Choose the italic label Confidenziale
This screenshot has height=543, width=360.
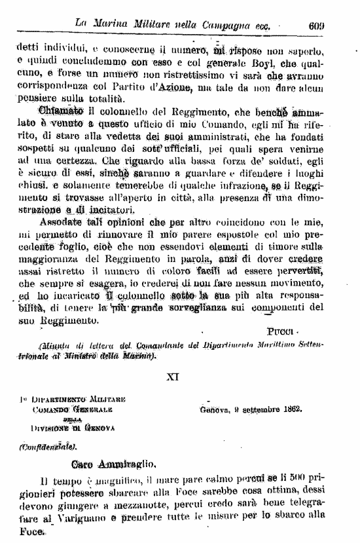pyautogui.click(x=54, y=449)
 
